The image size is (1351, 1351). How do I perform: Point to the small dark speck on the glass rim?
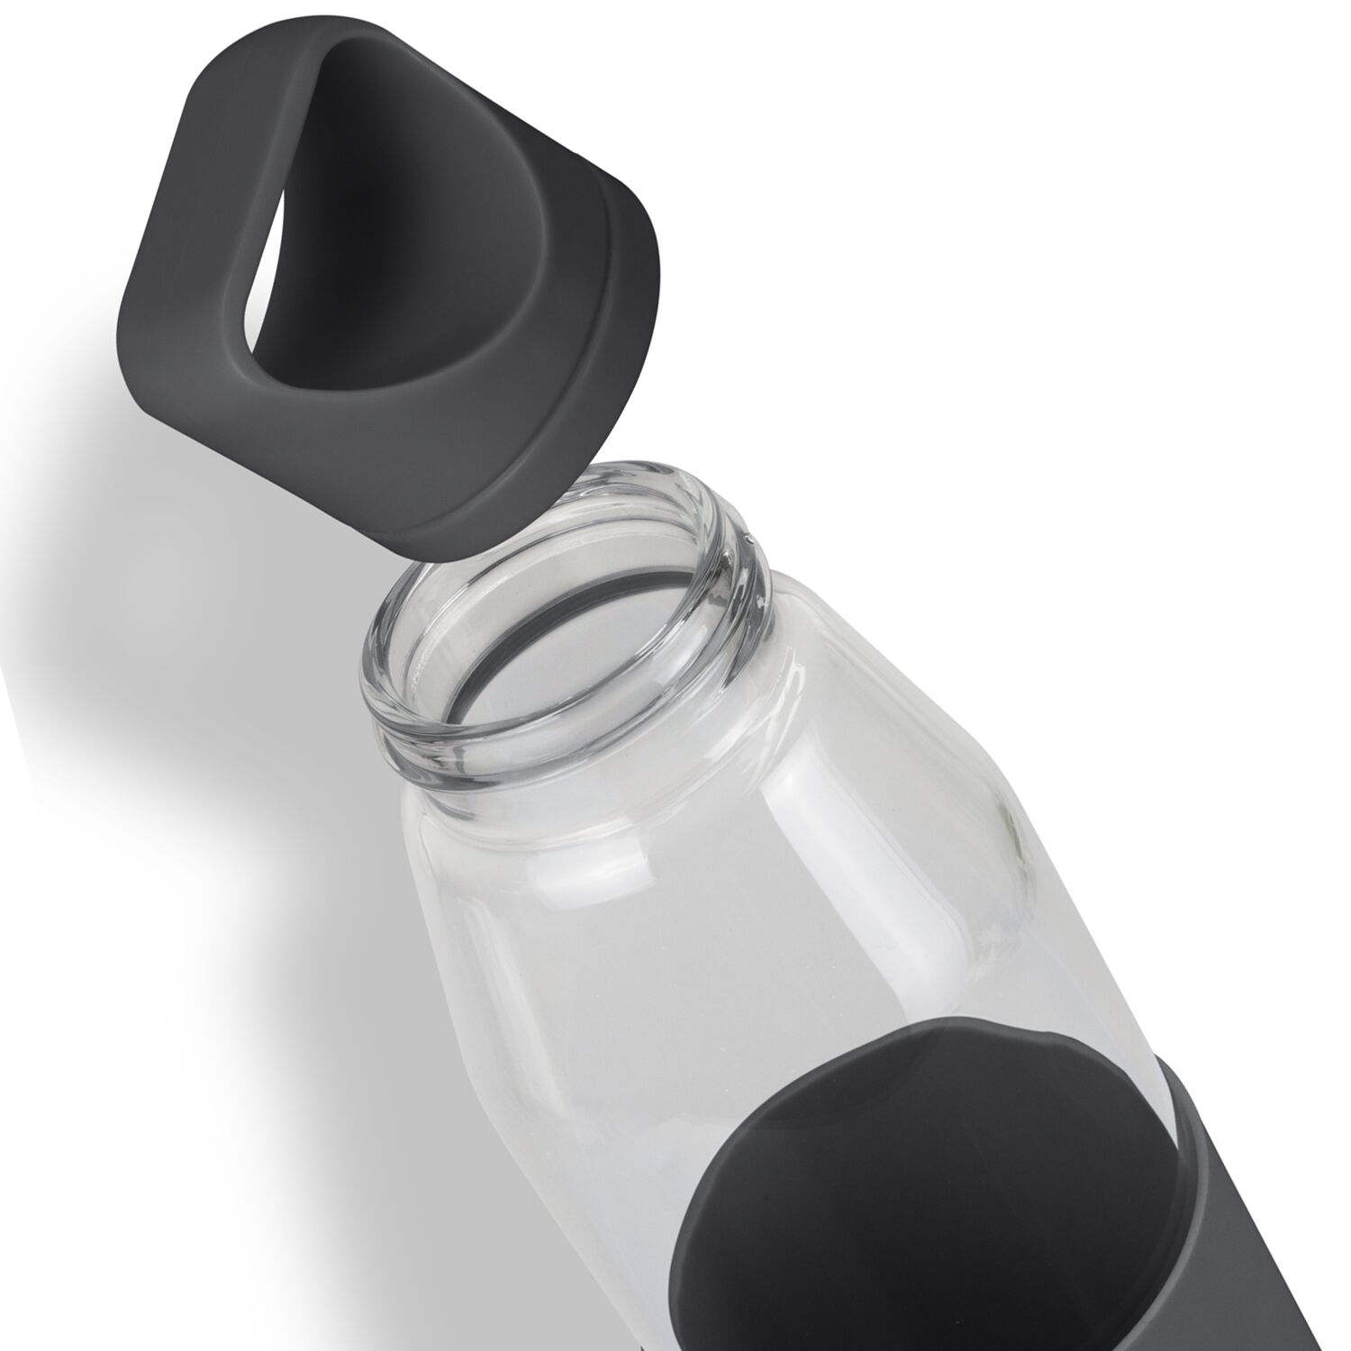click(x=748, y=539)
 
